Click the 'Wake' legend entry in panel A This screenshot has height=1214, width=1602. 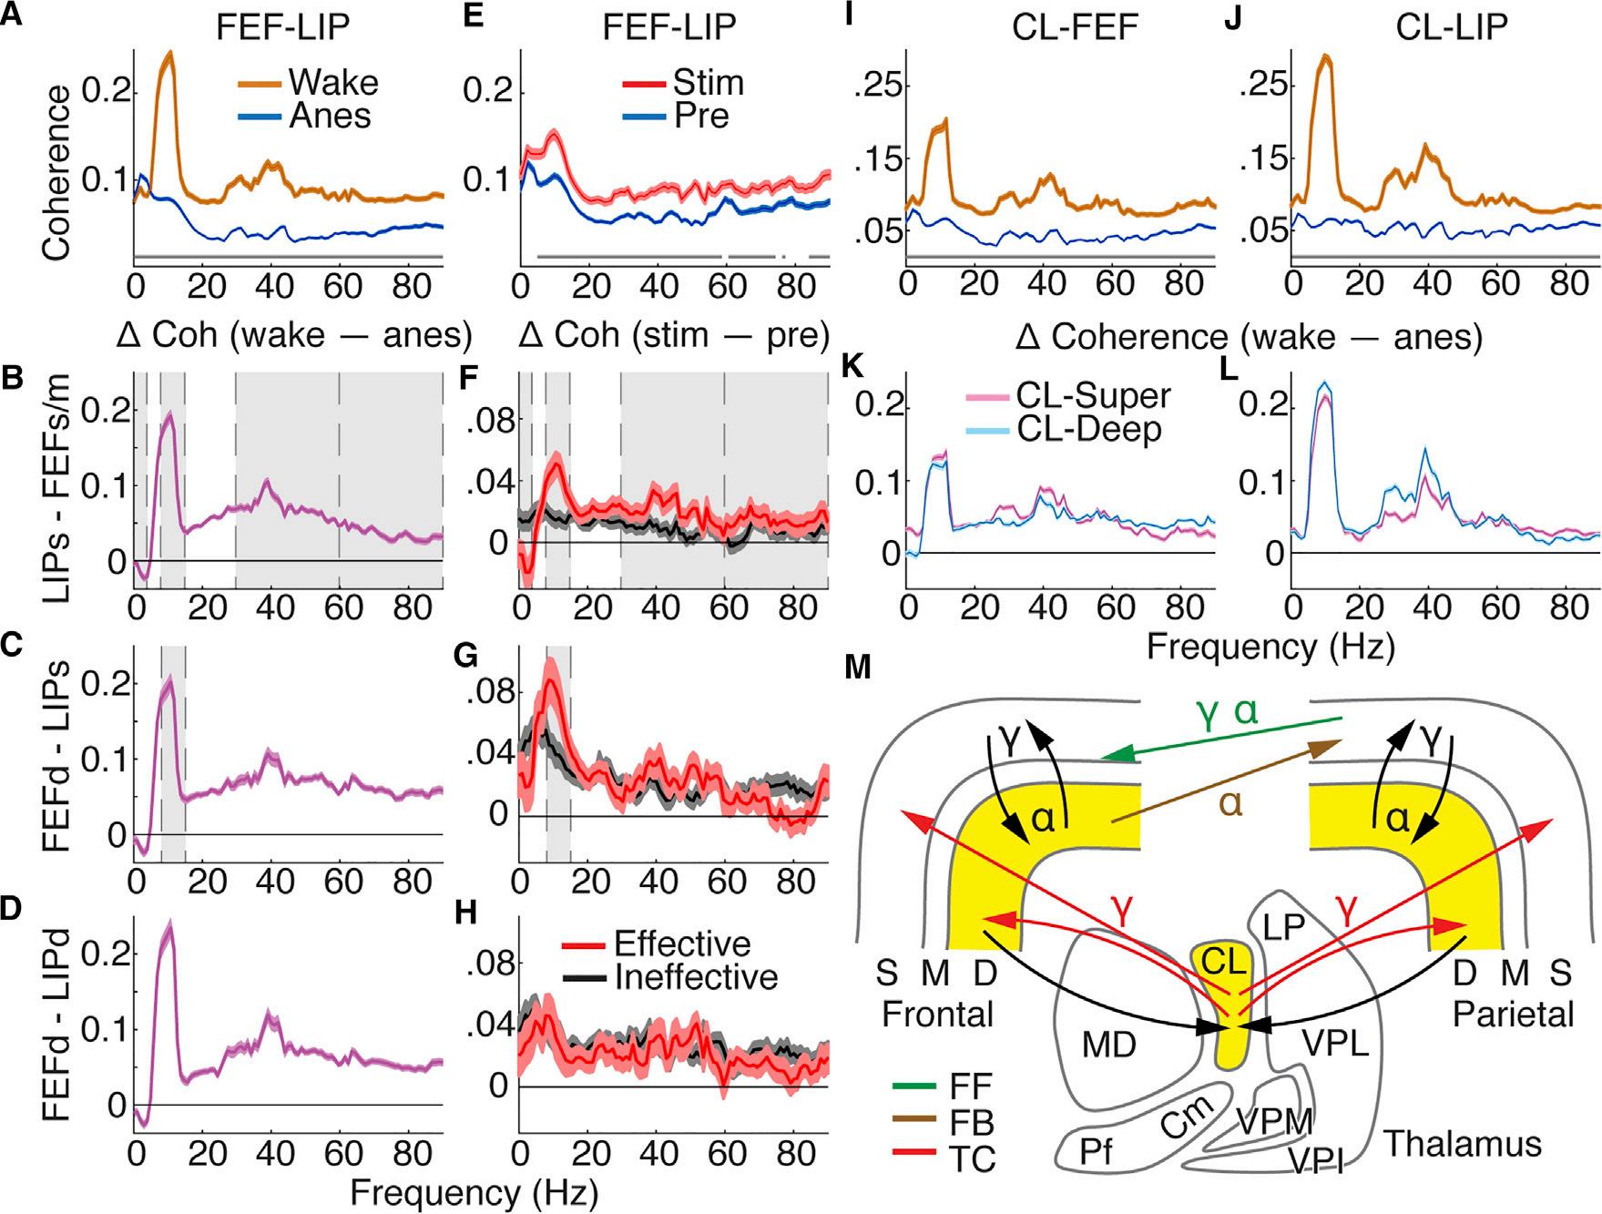332,82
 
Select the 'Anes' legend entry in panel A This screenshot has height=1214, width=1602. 330,116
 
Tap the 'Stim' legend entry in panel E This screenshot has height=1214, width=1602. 708,82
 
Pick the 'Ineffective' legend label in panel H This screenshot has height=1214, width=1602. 696,977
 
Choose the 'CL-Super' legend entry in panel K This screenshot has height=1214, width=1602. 1093,395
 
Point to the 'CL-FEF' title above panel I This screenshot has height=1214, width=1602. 1074,28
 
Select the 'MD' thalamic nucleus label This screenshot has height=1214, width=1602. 1108,1044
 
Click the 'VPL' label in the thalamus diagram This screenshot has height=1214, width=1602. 1335,1044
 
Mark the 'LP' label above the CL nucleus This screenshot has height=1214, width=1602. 1284,926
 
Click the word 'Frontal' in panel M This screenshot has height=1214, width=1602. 937,1013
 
